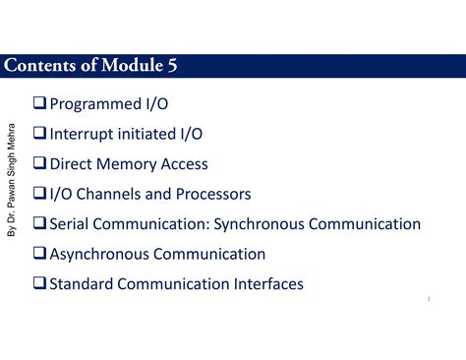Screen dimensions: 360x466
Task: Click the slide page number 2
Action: [x=430, y=299]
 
